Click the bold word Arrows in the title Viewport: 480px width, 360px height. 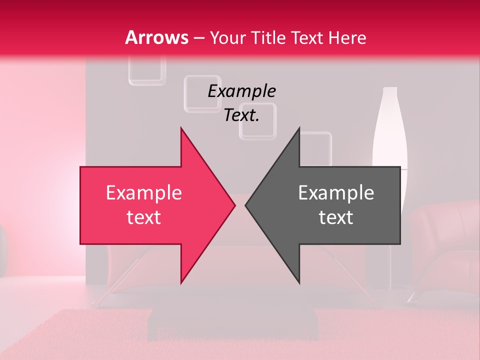tap(157, 37)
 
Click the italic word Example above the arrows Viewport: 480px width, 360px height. tap(241, 91)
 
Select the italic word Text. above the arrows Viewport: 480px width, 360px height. tap(241, 115)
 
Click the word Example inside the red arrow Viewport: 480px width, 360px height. tap(144, 193)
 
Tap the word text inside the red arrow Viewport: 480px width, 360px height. tap(144, 217)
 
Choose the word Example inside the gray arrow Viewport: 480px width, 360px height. tap(336, 193)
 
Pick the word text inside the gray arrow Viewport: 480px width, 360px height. tap(336, 217)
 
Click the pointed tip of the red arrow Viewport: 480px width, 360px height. tap(234, 205)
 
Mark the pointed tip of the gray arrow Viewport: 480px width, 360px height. tap(246, 205)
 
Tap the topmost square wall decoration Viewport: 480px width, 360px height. tap(147, 69)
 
